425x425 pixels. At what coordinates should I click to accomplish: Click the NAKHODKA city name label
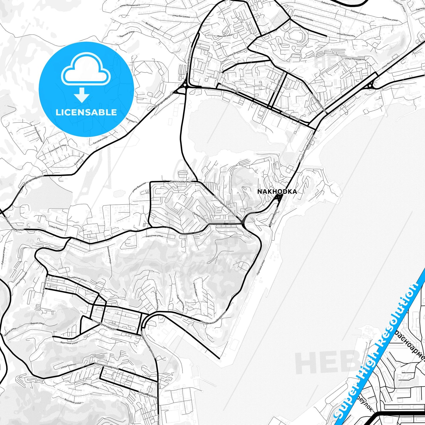tap(277, 192)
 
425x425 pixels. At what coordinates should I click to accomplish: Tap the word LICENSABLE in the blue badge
tap(86, 112)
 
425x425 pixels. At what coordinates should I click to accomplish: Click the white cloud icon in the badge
tap(86, 71)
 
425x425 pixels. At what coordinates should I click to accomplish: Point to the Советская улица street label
tap(180, 182)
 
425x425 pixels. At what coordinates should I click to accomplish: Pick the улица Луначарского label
tap(105, 325)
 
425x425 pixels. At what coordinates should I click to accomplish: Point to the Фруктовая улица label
tap(70, 342)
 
